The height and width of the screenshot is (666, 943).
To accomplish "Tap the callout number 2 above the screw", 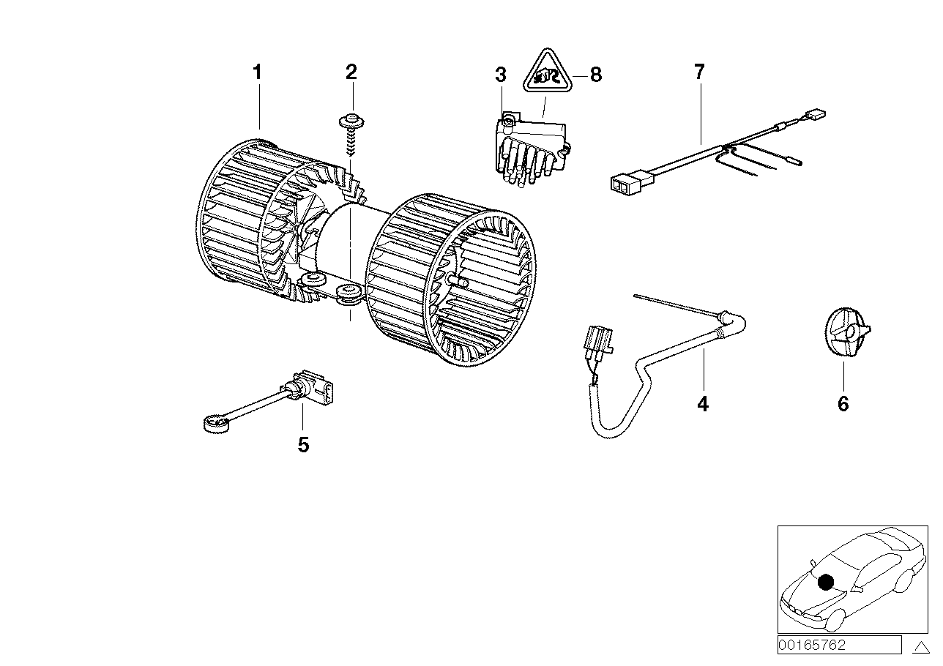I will [351, 72].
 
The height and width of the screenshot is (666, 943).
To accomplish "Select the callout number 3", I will [500, 75].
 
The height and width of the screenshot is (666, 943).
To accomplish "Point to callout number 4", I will [703, 403].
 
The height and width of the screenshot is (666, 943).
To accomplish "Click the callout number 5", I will [303, 444].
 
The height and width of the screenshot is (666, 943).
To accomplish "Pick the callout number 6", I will [843, 403].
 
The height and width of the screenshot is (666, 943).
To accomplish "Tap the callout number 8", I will [596, 75].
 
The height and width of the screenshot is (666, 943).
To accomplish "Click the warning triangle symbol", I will [546, 70].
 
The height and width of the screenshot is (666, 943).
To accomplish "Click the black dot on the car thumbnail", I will [826, 583].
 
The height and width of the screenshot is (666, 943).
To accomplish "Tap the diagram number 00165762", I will [813, 645].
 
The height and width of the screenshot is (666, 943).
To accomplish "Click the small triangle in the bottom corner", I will [921, 647].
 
